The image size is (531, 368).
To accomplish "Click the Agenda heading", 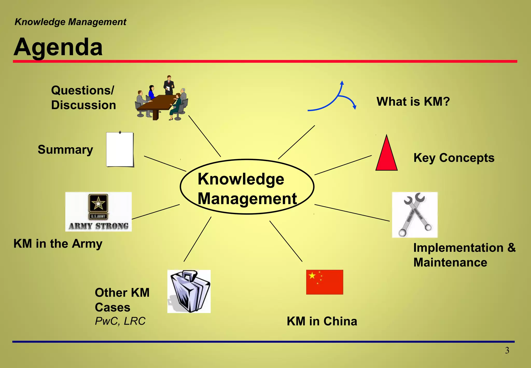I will point(58,47).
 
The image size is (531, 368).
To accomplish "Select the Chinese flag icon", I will point(324,282).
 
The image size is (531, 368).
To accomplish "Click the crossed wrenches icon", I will point(415,215).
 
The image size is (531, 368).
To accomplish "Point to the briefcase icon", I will point(189,291).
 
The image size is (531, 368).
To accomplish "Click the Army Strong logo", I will point(99,212).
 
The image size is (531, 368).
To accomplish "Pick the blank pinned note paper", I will point(120,149).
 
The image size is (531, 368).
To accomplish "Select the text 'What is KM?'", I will point(413,101).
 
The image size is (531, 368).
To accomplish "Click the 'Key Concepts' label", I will point(454,158).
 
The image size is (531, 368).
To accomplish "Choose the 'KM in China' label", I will point(322,321).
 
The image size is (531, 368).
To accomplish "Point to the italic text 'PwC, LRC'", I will point(120,321).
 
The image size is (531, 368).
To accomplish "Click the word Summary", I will point(65,149).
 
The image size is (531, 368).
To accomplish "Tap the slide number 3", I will point(507,350).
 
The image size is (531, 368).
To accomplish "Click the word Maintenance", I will point(450,262).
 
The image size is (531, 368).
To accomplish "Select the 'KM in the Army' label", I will point(58,243).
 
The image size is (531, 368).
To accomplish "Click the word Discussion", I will point(83,105).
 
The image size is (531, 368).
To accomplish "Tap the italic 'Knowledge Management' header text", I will point(71,22).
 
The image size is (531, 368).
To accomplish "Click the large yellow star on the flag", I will point(312,275).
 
